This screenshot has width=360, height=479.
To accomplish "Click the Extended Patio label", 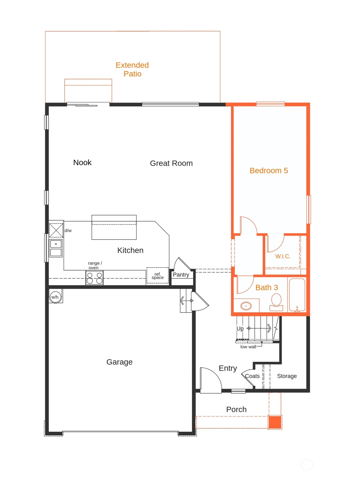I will coord(132,70).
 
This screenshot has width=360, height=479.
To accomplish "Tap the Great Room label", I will coord(171,163).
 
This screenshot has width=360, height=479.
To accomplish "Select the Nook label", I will coord(82,163).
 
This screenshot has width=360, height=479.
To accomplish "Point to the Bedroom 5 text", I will coord(269,171).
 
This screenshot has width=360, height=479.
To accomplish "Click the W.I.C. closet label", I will coord(283,256).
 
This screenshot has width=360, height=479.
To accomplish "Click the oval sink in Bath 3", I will coord(246,306).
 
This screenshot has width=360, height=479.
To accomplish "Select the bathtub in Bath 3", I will coord(297,295).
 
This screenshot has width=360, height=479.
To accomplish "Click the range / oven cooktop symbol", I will coord(94,278).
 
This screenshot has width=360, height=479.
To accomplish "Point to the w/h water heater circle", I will coord(55,297).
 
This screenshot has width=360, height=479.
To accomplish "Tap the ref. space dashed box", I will coord(157,276).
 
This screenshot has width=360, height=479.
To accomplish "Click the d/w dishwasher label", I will coord(68,231).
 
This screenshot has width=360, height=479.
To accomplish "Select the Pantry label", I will coord(181,275).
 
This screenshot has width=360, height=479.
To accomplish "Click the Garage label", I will coord(119,362).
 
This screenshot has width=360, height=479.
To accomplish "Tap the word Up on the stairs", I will coord(240,328).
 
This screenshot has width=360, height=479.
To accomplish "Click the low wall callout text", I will coord(248,347).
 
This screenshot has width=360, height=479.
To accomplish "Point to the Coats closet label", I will coord(252,376).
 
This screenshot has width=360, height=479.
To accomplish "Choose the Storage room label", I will coord(287,376).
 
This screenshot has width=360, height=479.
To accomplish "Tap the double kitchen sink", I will coord(56,248).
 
